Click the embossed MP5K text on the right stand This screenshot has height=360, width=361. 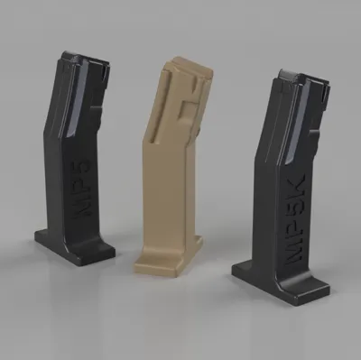[294, 219]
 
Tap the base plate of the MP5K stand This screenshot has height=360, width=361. [281, 282]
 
